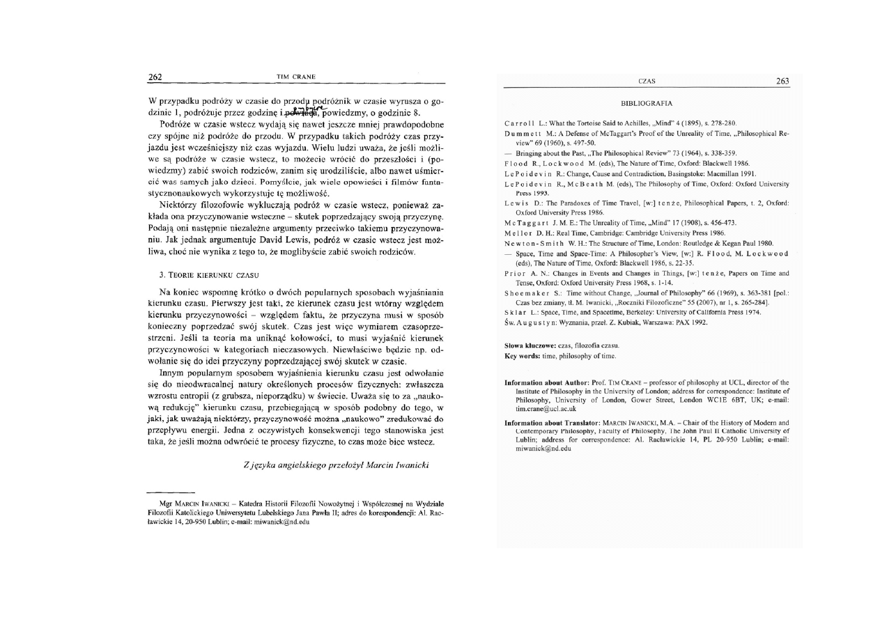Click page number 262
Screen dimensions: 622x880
click(x=155, y=77)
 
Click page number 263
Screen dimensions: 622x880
click(x=782, y=81)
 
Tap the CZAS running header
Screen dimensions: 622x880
click(x=646, y=82)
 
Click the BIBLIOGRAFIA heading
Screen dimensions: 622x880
click(x=646, y=103)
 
